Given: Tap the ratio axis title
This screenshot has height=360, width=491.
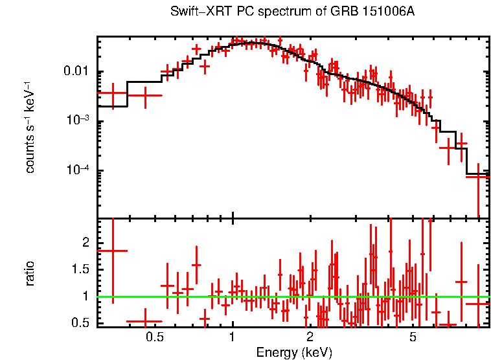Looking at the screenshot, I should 30,273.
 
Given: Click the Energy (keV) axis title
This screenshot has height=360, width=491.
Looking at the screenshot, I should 294,352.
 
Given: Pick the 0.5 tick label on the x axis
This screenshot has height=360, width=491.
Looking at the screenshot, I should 154,337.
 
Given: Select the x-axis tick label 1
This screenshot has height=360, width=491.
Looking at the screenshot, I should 233,337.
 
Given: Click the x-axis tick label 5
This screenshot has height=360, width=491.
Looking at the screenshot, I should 413,337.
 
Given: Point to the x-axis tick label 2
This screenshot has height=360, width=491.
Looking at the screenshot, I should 310,337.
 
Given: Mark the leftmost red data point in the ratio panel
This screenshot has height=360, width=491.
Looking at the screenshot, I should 113,250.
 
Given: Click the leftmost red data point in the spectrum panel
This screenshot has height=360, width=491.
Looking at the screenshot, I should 113,93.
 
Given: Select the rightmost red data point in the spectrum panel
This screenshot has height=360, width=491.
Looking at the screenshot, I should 478,176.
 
